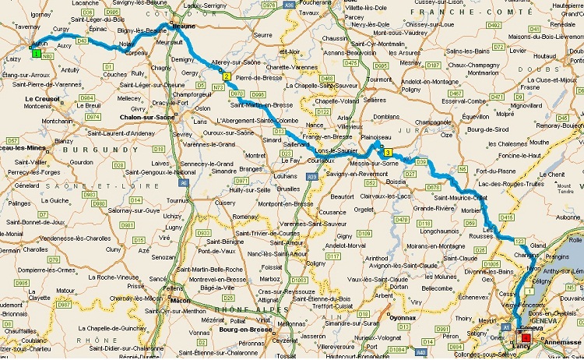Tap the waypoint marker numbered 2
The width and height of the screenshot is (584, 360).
[226, 76]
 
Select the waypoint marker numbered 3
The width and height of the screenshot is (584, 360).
[388, 153]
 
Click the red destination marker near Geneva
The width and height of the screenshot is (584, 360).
[525, 337]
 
